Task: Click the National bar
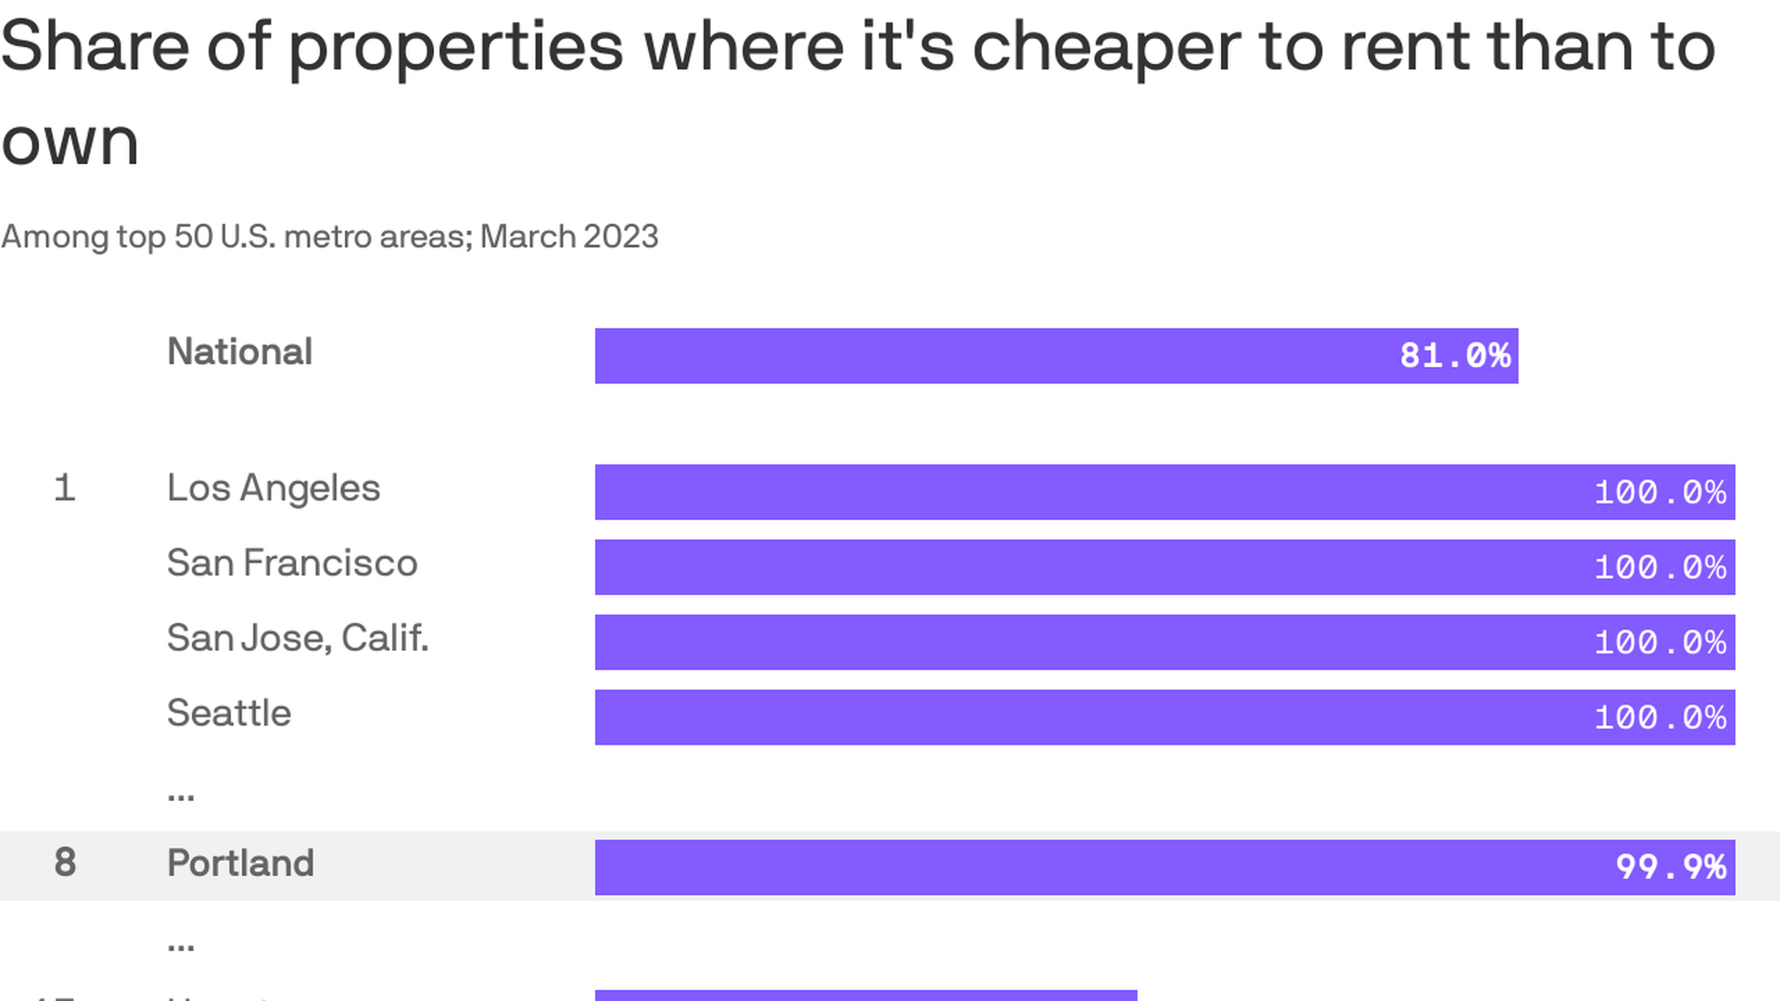1056,356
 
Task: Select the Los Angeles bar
1164,492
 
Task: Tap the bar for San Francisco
1164,567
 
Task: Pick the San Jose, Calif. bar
1164,642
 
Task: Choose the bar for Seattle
1164,717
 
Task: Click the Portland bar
1164,868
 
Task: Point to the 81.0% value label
1455,356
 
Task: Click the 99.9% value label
1671,868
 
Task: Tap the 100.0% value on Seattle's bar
1659,717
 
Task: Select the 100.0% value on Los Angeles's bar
1659,492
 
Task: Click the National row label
239,352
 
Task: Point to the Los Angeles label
273,488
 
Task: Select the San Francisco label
292,564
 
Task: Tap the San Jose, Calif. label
298,639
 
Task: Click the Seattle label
229,714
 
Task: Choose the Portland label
240,864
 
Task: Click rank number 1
64,488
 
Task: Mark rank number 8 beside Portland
65,863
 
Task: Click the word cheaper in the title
1106,48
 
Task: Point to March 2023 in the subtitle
569,237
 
